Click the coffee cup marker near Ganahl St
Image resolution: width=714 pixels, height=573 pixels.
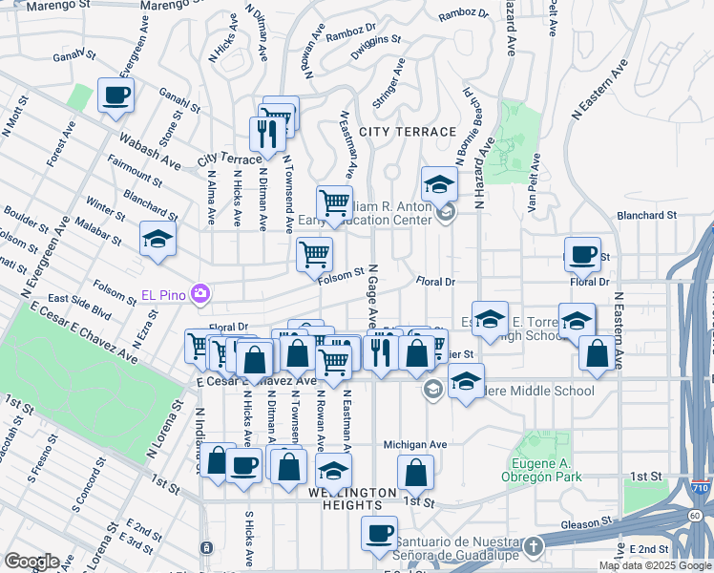(x=115, y=95)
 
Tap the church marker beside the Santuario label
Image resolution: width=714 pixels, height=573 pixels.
(x=534, y=546)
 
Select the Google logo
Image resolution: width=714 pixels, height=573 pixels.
(x=31, y=562)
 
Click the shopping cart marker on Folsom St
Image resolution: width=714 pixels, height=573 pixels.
(x=314, y=255)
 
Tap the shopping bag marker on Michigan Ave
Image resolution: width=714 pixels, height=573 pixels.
(x=416, y=473)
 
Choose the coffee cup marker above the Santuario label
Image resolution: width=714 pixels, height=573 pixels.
(x=379, y=533)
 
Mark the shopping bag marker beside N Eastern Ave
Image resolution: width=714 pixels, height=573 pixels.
(x=598, y=352)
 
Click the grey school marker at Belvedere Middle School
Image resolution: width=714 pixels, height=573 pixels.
(x=432, y=389)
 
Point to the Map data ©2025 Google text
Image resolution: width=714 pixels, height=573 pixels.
(x=655, y=565)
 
